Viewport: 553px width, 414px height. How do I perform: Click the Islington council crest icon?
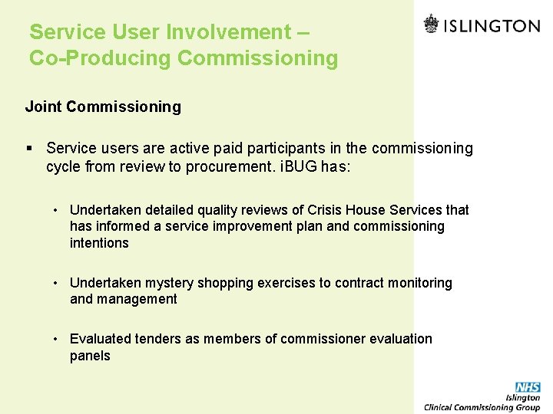(x=432, y=25)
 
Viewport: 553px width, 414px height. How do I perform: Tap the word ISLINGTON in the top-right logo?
(x=493, y=25)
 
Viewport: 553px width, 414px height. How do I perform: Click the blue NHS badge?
(x=528, y=387)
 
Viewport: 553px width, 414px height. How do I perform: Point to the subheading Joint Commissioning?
(x=103, y=107)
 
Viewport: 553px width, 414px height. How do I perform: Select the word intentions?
(x=99, y=243)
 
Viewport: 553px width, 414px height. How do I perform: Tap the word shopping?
(x=226, y=283)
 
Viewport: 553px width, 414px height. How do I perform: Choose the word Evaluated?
(x=98, y=339)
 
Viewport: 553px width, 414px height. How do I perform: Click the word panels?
(x=90, y=356)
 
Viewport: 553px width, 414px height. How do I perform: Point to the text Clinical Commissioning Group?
(x=482, y=407)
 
